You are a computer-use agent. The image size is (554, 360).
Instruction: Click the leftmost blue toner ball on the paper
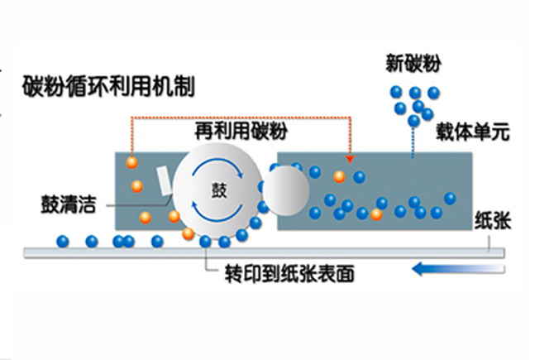62,241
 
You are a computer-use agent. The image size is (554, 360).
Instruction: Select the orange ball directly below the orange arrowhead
338,176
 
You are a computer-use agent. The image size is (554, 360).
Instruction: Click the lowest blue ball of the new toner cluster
413,121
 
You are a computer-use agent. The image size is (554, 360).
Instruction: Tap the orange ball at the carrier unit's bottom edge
376,215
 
